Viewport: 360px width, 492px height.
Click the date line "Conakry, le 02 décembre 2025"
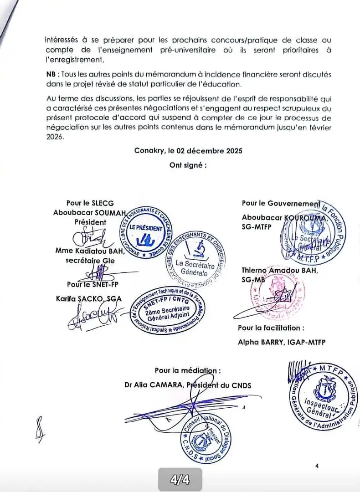188,151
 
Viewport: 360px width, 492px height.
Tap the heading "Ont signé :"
188,165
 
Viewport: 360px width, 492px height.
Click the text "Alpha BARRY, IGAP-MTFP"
282,341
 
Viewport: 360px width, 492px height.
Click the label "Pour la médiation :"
188,371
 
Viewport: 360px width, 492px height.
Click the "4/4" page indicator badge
180,480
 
